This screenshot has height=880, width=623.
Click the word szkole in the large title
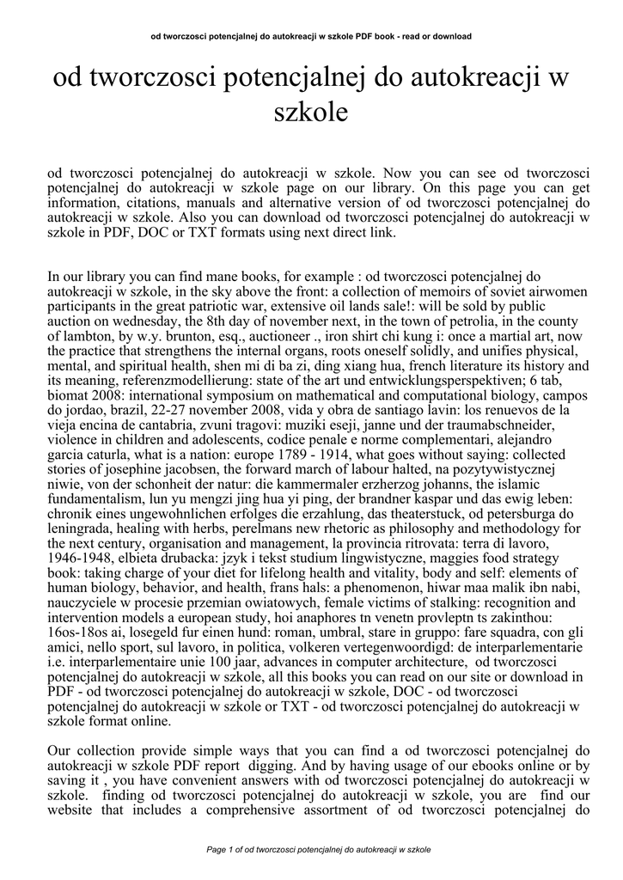point(310,111)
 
